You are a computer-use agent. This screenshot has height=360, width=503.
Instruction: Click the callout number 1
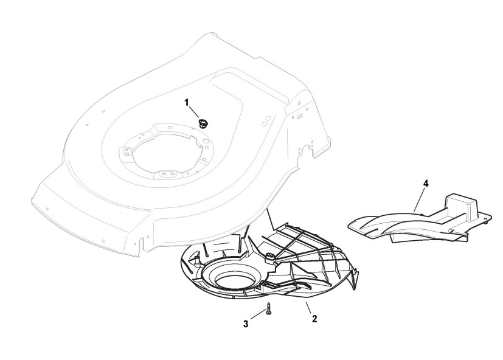[187, 102]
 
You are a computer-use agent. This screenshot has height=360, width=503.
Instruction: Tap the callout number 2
[314, 317]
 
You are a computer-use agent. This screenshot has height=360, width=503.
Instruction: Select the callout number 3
[246, 324]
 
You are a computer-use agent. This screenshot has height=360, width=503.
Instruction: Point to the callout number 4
[425, 182]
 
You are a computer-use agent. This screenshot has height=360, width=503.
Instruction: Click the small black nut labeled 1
[203, 123]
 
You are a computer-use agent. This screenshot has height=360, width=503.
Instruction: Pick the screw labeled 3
[268, 311]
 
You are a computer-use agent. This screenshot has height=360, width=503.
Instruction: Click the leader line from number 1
[195, 112]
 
